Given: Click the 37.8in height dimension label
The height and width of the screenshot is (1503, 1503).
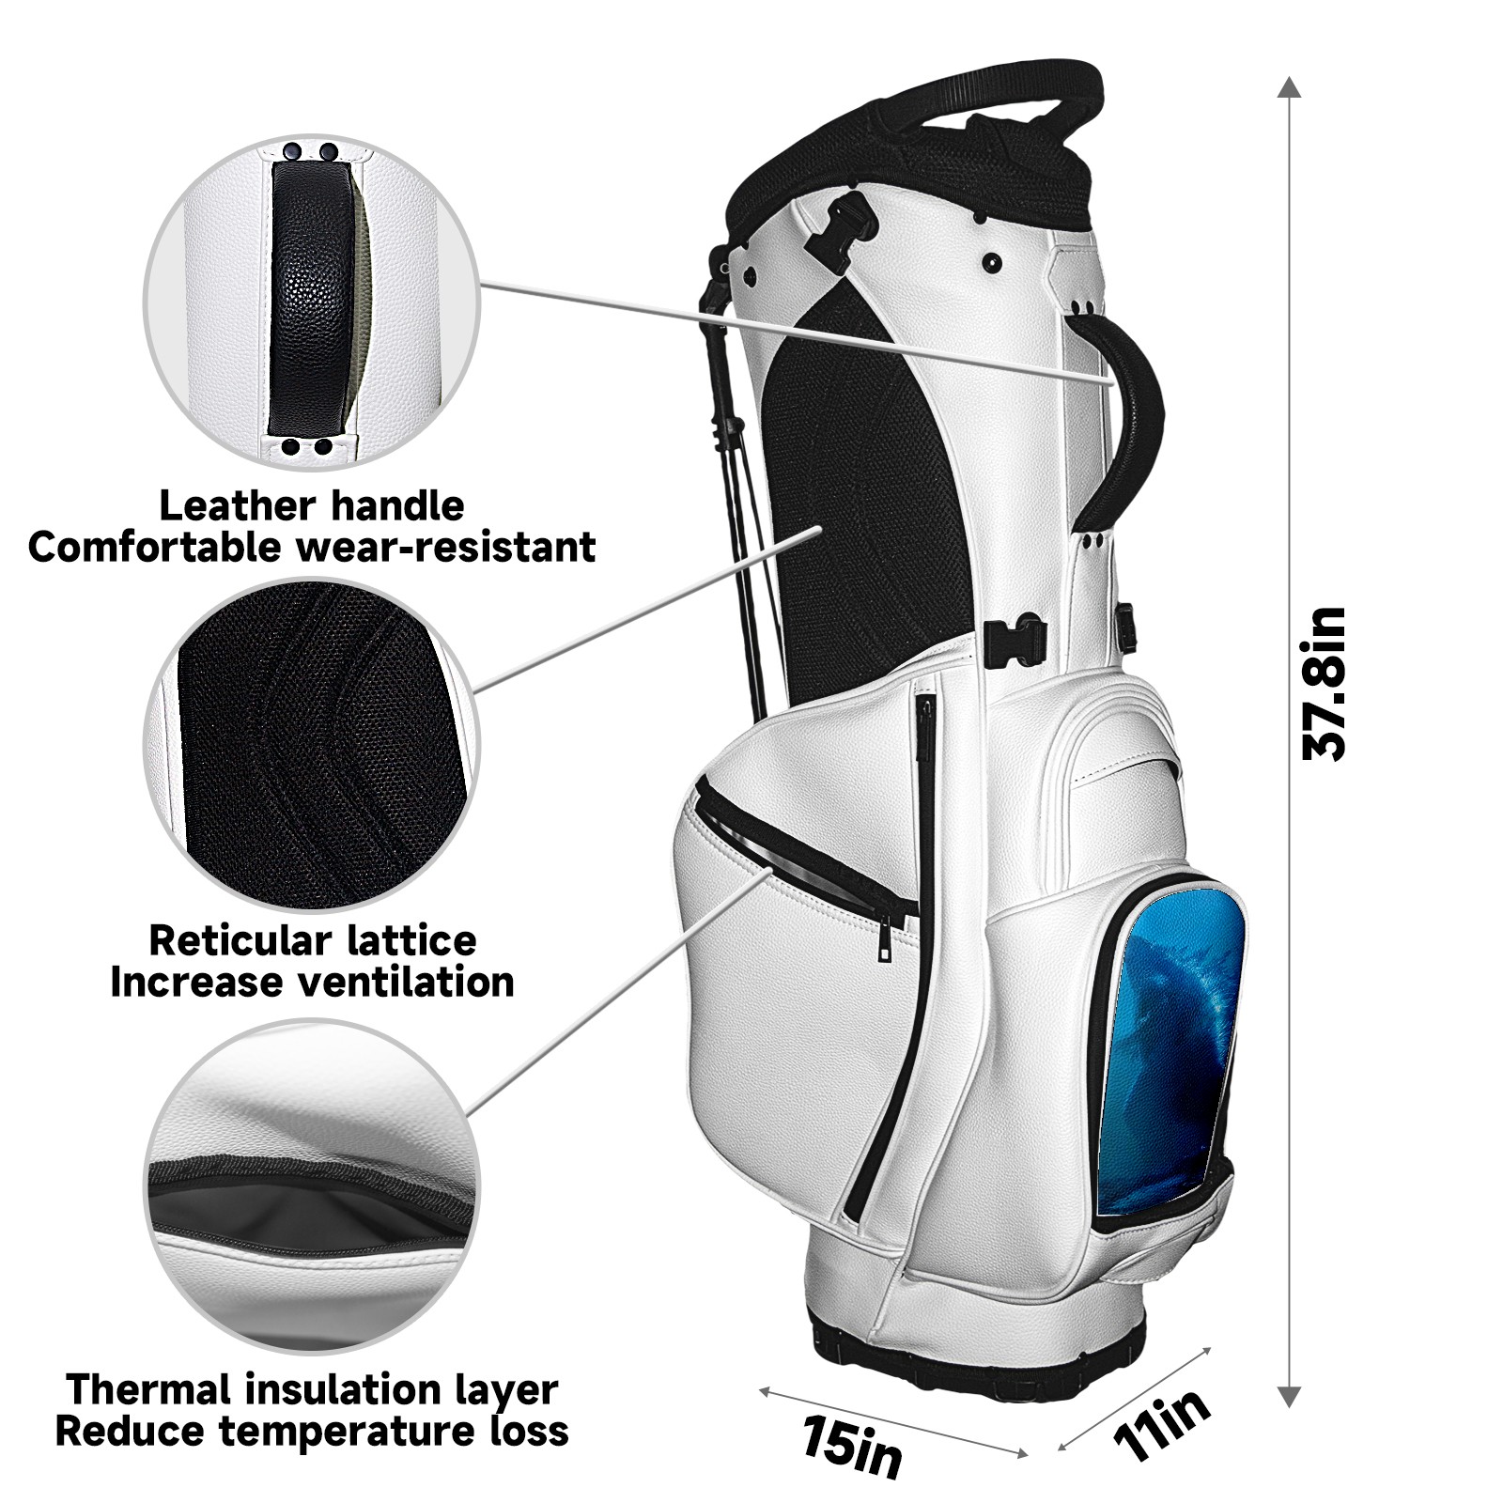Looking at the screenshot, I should [1325, 683].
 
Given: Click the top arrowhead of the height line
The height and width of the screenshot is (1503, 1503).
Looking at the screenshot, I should [1291, 88].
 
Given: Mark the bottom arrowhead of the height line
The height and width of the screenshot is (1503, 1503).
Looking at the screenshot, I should [1291, 1397].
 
